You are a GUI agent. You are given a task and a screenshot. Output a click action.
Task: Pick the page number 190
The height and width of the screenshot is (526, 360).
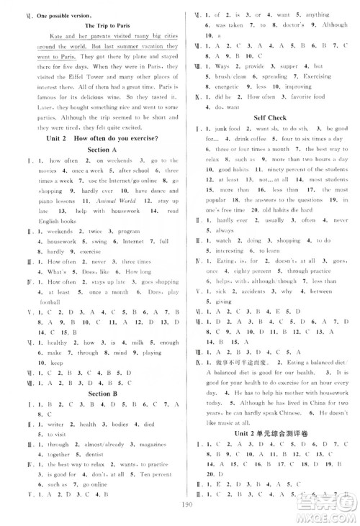pyautogui.click(x=179, y=516)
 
